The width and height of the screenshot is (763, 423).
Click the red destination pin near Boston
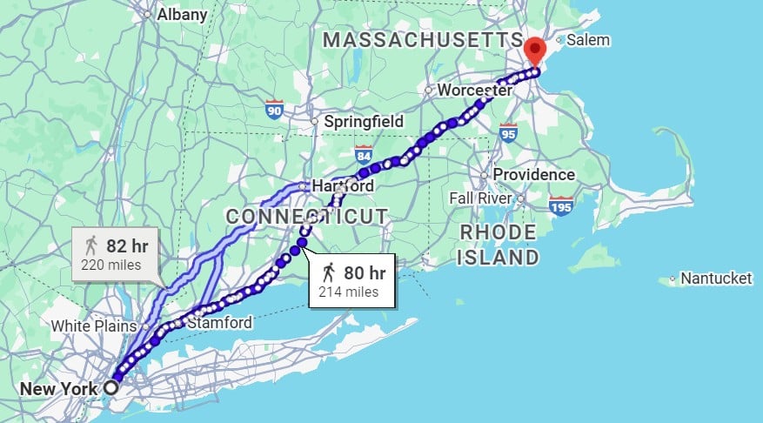pyautogui.click(x=535, y=50)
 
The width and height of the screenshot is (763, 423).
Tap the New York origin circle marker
pyautogui.click(x=111, y=387)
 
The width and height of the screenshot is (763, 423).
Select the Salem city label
pyautogui.click(x=589, y=40)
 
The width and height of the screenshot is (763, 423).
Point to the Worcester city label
pyautogui.click(x=474, y=91)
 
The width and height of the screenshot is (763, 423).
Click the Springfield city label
pyautogui.click(x=363, y=122)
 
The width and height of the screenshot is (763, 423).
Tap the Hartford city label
pyautogui.click(x=342, y=186)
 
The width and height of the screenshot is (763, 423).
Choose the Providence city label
pyautogui.click(x=533, y=174)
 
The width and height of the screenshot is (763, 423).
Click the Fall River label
pyautogui.click(x=479, y=198)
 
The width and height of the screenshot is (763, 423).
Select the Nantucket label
pyautogui.click(x=716, y=279)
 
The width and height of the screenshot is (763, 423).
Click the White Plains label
pyautogui.click(x=94, y=326)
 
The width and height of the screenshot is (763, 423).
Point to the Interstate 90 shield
pyautogui.click(x=274, y=111)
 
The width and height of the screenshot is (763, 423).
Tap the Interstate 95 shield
pyautogui.click(x=508, y=132)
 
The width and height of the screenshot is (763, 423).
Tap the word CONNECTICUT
pyautogui.click(x=306, y=215)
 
